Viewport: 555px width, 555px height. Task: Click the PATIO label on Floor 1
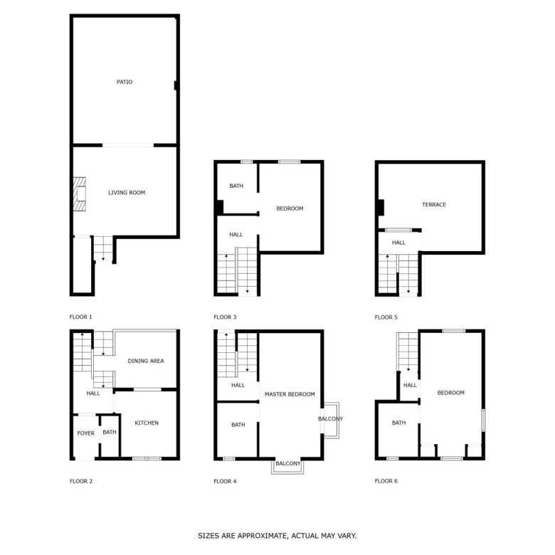click(x=125, y=82)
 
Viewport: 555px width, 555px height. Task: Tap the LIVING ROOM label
click(x=127, y=193)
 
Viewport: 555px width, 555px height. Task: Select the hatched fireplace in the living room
click(x=79, y=194)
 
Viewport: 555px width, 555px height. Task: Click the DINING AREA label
click(x=146, y=361)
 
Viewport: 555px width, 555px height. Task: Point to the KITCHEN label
click(x=147, y=423)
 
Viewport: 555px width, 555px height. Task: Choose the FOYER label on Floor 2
click(x=85, y=433)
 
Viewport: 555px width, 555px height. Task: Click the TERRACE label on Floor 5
click(x=434, y=205)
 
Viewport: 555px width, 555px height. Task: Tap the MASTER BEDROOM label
click(x=290, y=394)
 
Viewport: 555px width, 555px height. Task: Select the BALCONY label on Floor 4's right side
click(x=330, y=419)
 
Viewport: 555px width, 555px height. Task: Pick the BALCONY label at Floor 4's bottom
click(x=287, y=463)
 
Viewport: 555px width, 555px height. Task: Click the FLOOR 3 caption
click(x=225, y=317)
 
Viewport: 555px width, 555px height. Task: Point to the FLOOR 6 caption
click(x=386, y=481)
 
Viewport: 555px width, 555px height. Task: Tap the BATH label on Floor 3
click(x=236, y=186)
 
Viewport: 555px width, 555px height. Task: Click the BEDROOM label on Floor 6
click(x=450, y=393)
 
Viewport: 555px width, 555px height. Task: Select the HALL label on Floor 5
click(x=398, y=243)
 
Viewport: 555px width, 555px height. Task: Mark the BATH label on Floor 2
click(x=110, y=432)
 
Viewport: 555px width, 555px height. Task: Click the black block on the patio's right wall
click(x=176, y=85)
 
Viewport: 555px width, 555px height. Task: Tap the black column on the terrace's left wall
click(x=381, y=208)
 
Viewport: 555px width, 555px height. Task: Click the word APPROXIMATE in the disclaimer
click(x=263, y=536)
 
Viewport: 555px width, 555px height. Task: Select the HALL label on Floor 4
click(x=238, y=385)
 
